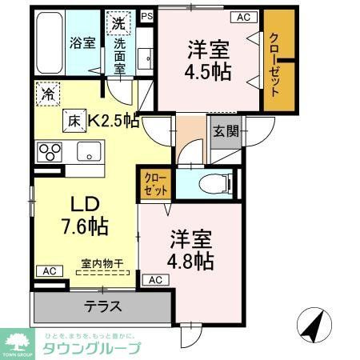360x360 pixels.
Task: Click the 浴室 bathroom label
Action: pyautogui.click(x=82, y=43)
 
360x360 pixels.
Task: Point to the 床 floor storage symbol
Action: pyautogui.click(x=74, y=122)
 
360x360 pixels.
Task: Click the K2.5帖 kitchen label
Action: pyautogui.click(x=112, y=122)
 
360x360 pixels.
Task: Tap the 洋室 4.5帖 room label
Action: pyautogui.click(x=210, y=59)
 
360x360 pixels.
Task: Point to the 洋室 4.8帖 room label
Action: pyautogui.click(x=191, y=250)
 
